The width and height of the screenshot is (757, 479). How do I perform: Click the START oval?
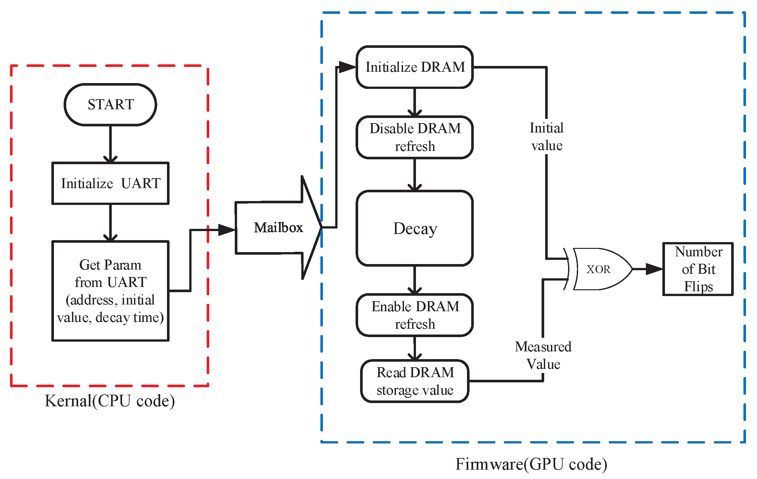(x=110, y=104)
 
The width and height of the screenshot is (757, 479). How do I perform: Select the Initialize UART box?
(x=110, y=183)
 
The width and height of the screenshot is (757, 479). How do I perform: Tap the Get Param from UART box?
(x=110, y=291)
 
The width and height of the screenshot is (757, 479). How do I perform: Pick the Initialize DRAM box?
(x=415, y=67)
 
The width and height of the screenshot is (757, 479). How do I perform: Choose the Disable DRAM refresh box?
(x=415, y=137)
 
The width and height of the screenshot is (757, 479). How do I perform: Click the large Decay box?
(x=415, y=228)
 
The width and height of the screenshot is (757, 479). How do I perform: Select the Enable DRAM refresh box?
(x=415, y=315)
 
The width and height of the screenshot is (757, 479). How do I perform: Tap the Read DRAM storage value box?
(x=415, y=381)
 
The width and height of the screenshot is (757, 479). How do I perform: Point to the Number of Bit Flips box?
(x=698, y=269)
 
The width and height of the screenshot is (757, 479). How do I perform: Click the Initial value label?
(x=546, y=137)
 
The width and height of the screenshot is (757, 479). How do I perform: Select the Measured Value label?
(x=543, y=355)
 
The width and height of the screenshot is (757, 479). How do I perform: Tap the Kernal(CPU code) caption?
(x=110, y=401)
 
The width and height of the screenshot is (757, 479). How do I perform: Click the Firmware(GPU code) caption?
(x=531, y=464)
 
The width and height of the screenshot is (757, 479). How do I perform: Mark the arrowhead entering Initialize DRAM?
(x=347, y=67)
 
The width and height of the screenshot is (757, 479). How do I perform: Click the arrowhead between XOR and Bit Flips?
(x=654, y=269)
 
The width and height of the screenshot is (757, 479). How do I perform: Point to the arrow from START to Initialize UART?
(x=110, y=144)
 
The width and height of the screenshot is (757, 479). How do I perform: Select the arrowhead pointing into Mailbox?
(x=227, y=230)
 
